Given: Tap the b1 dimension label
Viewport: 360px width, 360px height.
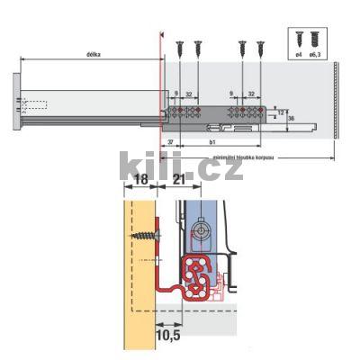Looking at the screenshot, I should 210,141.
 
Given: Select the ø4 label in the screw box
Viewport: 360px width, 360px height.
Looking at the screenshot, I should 299,57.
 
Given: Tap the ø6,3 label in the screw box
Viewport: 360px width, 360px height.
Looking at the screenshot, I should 315,57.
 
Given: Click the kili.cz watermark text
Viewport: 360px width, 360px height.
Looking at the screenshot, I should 180,166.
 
